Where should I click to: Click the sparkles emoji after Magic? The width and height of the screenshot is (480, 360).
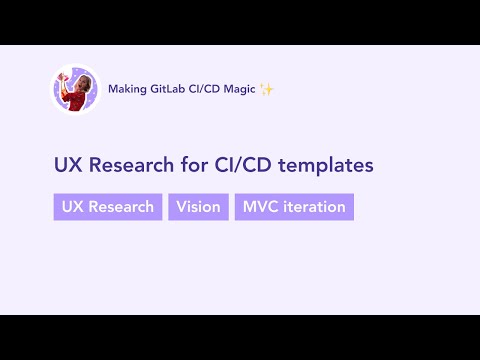(266, 90)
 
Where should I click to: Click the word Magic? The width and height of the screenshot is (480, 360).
(237, 90)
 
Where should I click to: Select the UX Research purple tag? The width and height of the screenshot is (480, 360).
(108, 207)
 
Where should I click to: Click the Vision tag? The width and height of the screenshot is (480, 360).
(198, 207)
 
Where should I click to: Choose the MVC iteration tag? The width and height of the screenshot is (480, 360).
(294, 207)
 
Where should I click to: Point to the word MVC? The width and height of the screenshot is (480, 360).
(260, 207)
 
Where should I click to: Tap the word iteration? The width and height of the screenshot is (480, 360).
(313, 207)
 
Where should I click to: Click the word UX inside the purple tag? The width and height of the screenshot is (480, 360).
(72, 207)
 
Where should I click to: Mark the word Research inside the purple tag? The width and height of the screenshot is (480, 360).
(121, 207)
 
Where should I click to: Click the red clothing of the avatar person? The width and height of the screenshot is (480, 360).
(77, 100)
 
